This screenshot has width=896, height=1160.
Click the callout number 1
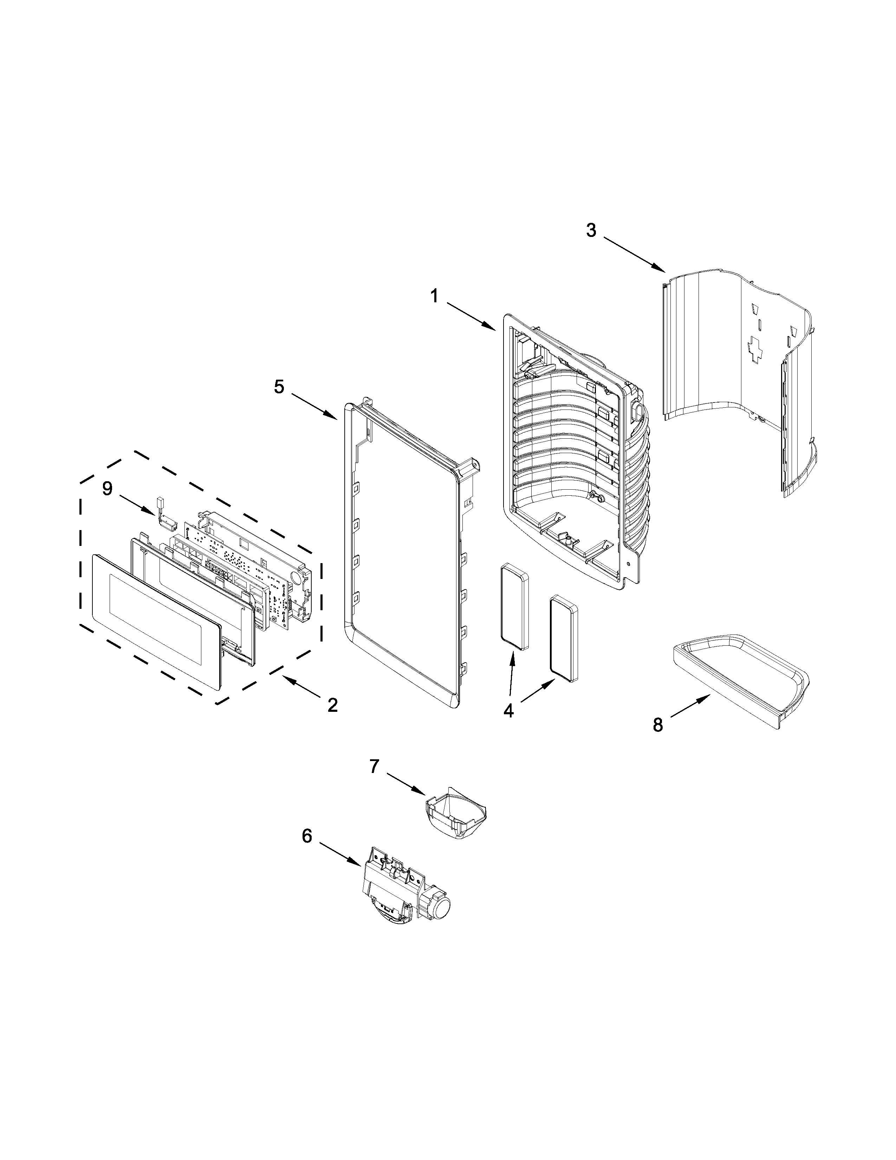point(434,296)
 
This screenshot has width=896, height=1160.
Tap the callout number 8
point(658,724)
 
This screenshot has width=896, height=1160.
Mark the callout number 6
point(307,836)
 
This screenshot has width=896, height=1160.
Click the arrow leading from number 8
point(690,707)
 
